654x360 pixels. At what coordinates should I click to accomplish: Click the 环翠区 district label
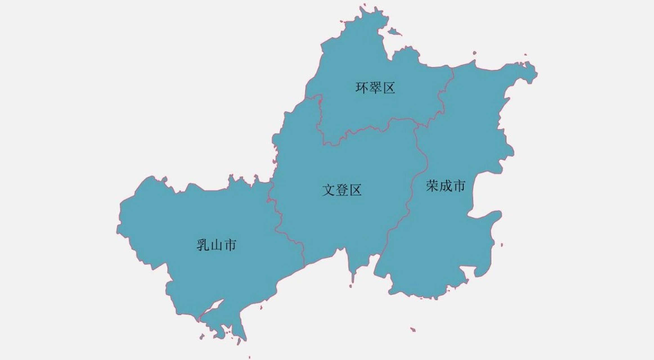click(x=375, y=88)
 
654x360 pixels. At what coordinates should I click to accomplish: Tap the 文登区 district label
click(x=342, y=190)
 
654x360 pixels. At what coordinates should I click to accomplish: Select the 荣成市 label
click(x=446, y=186)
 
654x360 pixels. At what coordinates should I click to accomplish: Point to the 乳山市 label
click(x=216, y=245)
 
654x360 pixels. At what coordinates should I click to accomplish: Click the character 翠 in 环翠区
click(x=375, y=88)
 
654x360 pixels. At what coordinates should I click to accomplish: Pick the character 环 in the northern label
click(x=362, y=88)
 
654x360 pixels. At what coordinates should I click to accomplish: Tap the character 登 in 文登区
click(x=342, y=190)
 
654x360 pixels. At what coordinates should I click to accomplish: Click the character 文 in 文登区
click(x=329, y=190)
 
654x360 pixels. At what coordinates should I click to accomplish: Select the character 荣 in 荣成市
click(x=432, y=186)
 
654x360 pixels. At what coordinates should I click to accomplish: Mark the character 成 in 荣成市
click(x=446, y=186)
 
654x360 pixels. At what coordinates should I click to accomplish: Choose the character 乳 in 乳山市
click(x=203, y=245)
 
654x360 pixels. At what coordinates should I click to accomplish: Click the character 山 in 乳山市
click(x=216, y=245)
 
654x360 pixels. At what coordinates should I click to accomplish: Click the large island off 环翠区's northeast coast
click(x=394, y=31)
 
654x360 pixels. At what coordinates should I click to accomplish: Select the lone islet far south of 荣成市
click(x=413, y=329)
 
